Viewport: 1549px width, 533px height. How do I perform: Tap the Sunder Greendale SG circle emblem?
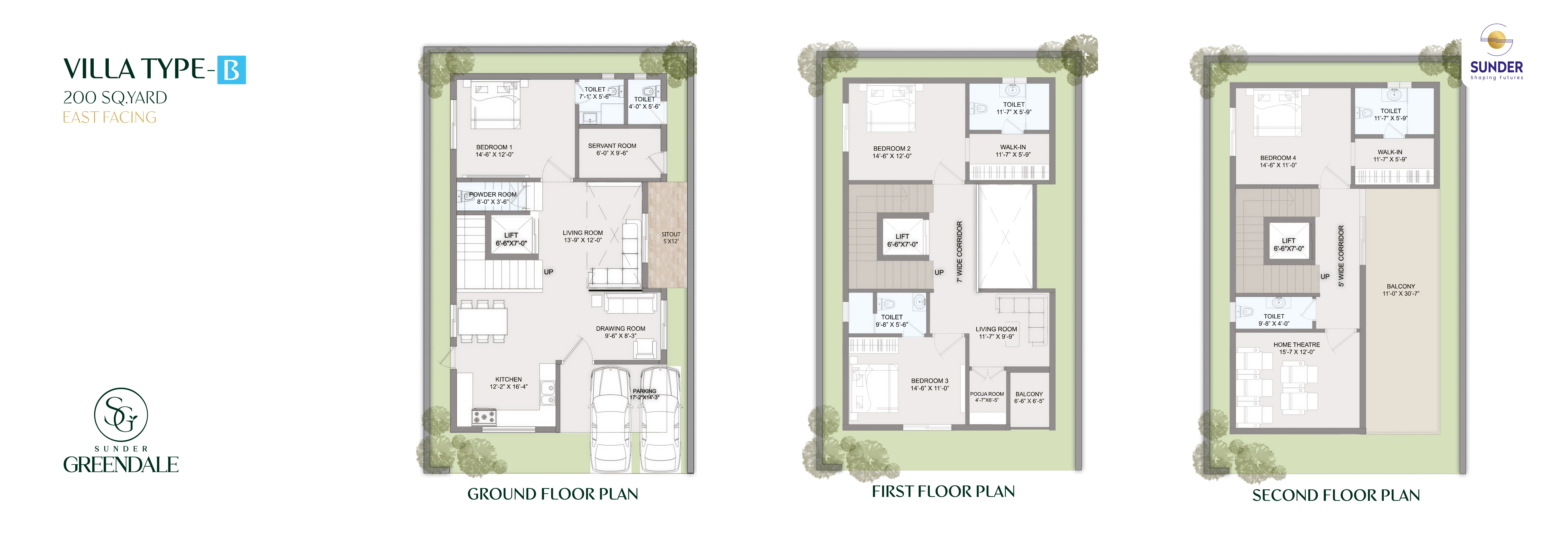pos(121,414)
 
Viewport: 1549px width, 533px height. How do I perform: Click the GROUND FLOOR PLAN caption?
pos(553,494)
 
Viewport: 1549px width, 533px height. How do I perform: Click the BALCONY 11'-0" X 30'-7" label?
pos(1401,290)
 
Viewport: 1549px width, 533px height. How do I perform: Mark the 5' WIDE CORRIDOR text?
pos(1341,256)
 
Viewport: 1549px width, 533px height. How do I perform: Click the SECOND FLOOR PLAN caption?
pos(1336,495)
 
